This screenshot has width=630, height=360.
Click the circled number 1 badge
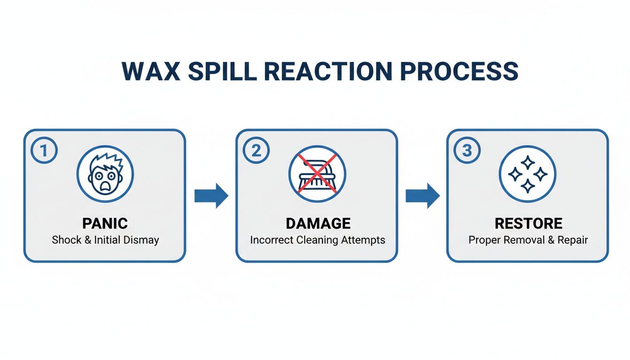pyautogui.click(x=44, y=151)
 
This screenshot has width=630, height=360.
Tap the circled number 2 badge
pyautogui.click(x=256, y=151)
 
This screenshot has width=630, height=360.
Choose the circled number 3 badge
pyautogui.click(x=467, y=151)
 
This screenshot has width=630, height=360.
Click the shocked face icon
pyautogui.click(x=105, y=174)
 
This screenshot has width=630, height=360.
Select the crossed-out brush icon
pyautogui.click(x=317, y=174)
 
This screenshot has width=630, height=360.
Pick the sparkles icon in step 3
pyautogui.click(x=527, y=174)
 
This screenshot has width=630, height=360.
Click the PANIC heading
pyautogui.click(x=105, y=223)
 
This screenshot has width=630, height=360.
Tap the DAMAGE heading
pyautogui.click(x=317, y=223)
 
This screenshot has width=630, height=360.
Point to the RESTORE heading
pyautogui.click(x=528, y=223)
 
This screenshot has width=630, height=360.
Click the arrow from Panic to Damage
pyautogui.click(x=211, y=195)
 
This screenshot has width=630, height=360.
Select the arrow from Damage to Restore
pyautogui.click(x=422, y=195)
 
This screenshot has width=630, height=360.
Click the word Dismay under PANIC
pyautogui.click(x=142, y=240)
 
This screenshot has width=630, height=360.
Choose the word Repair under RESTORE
pyautogui.click(x=572, y=240)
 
